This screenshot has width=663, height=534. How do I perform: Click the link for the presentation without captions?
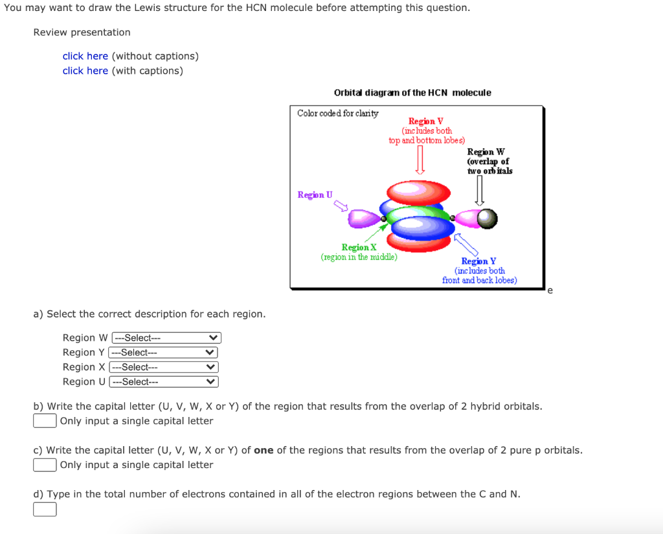click(x=85, y=56)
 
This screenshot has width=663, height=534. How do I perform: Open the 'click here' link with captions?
click(x=85, y=71)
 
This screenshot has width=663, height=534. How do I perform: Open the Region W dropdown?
click(x=166, y=338)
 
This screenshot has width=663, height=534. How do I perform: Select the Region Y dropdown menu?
click(x=163, y=352)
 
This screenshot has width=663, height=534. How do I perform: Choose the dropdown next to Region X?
click(x=163, y=367)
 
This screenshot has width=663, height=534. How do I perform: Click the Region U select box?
click(x=163, y=381)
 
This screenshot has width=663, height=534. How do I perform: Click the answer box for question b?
click(x=45, y=421)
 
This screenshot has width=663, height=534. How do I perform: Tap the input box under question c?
click(x=45, y=465)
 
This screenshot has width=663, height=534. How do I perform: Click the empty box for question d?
click(x=45, y=509)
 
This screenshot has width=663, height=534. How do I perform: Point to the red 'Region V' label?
click(x=425, y=121)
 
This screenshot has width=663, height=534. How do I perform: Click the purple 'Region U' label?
click(x=315, y=195)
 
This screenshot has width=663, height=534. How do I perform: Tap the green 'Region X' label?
click(x=359, y=248)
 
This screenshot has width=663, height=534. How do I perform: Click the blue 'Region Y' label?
click(x=478, y=261)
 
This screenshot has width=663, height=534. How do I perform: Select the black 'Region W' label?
click(x=486, y=151)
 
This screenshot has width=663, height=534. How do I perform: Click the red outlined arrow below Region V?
click(x=420, y=160)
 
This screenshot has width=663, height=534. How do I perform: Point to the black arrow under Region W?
click(x=480, y=191)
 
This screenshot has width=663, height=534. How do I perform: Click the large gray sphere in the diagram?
click(x=488, y=219)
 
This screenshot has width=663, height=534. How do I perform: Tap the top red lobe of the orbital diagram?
click(x=418, y=191)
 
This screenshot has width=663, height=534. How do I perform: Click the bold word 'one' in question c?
click(x=264, y=450)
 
